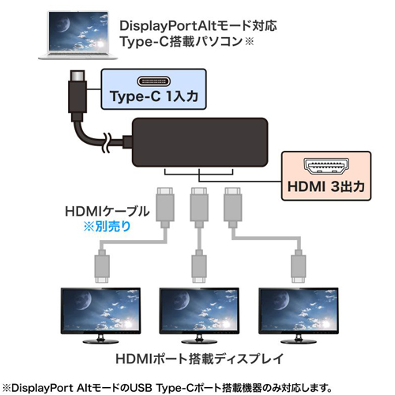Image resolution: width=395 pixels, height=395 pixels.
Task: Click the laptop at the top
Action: (x=78, y=35)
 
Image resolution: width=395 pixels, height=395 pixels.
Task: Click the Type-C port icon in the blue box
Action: (x=154, y=81)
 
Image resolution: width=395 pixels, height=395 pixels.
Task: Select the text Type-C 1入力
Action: (x=154, y=96)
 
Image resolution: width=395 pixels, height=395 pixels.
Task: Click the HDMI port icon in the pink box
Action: (x=326, y=166)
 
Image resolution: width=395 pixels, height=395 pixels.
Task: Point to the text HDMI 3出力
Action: (x=326, y=186)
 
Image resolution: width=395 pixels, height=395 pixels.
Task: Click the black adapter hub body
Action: (x=200, y=142)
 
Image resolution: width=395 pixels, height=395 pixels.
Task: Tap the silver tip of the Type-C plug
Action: (x=77, y=76)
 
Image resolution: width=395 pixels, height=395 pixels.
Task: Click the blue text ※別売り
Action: (x=107, y=227)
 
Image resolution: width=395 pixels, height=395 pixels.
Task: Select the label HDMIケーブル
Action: (x=107, y=212)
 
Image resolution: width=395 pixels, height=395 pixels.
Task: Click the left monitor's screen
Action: (x=100, y=310)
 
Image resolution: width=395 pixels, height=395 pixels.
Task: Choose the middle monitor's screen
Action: (x=199, y=310)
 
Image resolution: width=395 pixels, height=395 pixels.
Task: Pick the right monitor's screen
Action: (x=299, y=310)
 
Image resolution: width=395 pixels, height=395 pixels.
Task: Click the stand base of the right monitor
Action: (x=299, y=341)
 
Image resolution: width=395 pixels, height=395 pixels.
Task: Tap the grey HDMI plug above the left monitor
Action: (x=102, y=266)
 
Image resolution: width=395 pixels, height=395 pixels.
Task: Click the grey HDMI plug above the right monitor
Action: (x=299, y=266)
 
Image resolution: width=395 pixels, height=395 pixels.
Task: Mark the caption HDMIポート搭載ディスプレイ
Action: (x=199, y=359)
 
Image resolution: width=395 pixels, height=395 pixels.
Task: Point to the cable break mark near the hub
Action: (x=107, y=143)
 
